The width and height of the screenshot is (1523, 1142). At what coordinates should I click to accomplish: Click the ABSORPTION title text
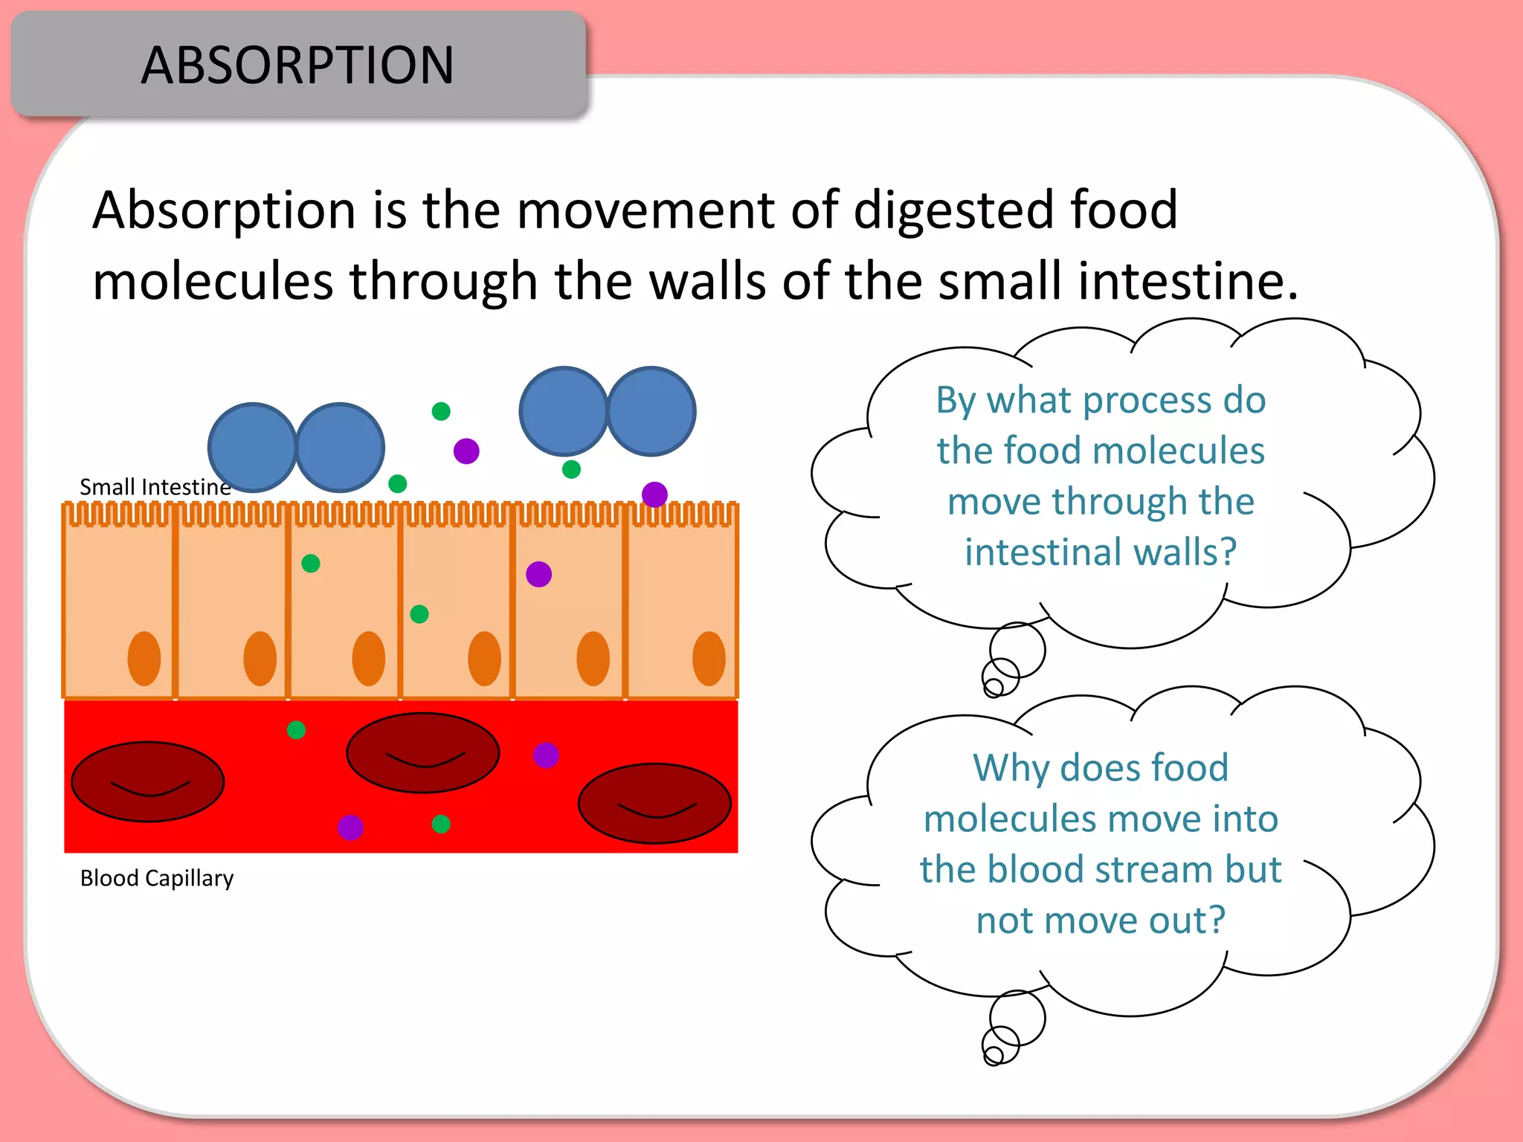point(297,65)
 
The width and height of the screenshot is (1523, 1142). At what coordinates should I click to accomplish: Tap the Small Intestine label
point(155,487)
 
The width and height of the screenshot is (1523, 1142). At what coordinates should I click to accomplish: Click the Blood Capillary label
point(156,878)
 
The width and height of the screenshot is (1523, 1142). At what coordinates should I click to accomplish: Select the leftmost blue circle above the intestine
point(252,448)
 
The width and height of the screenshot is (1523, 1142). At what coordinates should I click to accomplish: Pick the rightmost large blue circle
point(651,411)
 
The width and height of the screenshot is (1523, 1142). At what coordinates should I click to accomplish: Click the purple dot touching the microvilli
point(654,494)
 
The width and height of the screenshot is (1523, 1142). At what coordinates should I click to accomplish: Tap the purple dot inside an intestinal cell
point(538,574)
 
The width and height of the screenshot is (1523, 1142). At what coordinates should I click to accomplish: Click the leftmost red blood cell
point(147,781)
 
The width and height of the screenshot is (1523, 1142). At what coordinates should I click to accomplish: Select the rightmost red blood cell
point(654,803)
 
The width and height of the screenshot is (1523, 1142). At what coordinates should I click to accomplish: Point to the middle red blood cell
point(422,752)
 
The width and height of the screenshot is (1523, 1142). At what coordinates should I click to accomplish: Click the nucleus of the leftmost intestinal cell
point(144,659)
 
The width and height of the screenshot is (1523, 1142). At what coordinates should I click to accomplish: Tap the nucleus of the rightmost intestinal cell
point(709,659)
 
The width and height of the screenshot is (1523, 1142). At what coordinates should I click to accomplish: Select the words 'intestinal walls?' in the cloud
point(1101,552)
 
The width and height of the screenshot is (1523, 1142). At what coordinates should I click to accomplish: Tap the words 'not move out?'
point(1101,920)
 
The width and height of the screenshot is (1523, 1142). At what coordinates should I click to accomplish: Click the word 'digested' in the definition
point(953,211)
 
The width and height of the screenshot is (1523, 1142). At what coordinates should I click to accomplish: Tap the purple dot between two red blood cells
point(546,755)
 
